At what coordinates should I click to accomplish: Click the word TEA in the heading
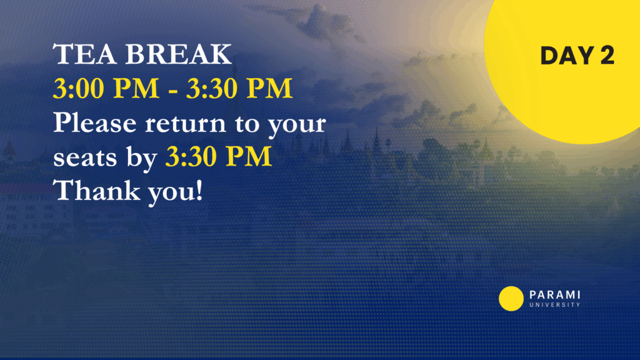tap(84, 54)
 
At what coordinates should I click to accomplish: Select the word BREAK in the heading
tap(178, 54)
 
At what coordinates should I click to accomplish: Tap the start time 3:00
tap(78, 88)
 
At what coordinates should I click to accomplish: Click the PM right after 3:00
tap(136, 88)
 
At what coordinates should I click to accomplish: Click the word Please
tap(95, 122)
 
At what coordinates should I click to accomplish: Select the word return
tap(185, 124)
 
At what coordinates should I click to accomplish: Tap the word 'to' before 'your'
tap(246, 124)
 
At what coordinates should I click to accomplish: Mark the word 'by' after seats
tap(141, 159)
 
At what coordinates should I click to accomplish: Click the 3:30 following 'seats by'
tap(191, 156)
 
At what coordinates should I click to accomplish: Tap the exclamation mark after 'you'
tap(199, 191)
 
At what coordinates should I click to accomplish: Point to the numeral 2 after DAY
tap(607, 56)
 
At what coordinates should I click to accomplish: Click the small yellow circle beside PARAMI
tap(511, 299)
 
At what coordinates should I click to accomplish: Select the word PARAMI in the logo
tap(555, 295)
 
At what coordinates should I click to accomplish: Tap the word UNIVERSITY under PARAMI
tap(555, 305)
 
